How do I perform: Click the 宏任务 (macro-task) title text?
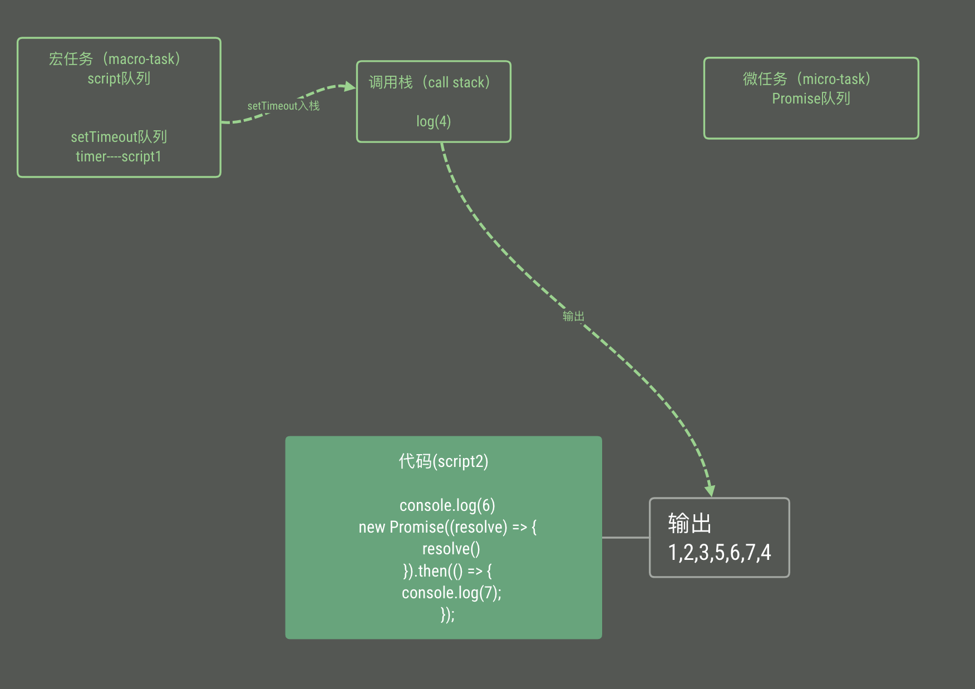coord(114,59)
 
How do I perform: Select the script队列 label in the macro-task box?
coord(119,78)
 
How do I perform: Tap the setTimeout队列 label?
coord(119,137)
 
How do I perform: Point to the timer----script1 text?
coord(119,156)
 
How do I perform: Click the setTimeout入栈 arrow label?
coord(283,106)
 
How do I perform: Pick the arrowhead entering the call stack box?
coord(350,86)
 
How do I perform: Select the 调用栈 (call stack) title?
coord(429,82)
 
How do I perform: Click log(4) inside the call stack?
coord(434,121)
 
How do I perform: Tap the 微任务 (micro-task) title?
coord(806,79)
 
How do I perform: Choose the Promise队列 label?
coord(811,99)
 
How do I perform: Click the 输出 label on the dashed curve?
coord(573,317)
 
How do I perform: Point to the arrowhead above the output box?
coord(710,490)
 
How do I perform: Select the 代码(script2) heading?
coord(444,461)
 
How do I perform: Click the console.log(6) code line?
coord(447,505)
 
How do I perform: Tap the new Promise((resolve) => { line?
coord(447,527)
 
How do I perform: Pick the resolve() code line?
coord(451,549)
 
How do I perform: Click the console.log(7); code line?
coord(451,593)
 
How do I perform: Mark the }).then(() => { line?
coord(447,571)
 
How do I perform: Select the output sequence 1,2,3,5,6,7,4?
coord(719,553)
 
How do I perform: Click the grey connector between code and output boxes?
coord(626,538)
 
